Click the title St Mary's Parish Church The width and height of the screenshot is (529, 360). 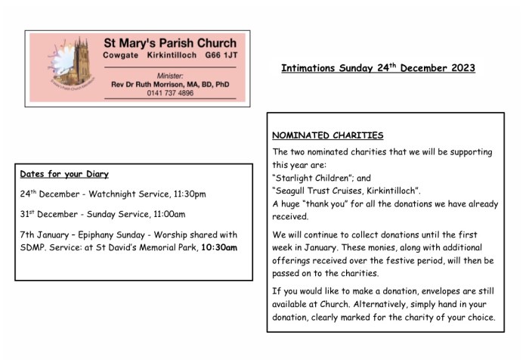(169, 43)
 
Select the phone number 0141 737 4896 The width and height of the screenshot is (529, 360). (170, 93)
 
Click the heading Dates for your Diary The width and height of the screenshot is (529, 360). (64, 173)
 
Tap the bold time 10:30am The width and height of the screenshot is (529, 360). (219, 247)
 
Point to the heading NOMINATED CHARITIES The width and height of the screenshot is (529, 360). (328, 136)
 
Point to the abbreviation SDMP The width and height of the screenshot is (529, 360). (33, 247)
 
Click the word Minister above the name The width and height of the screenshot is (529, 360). (170, 76)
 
